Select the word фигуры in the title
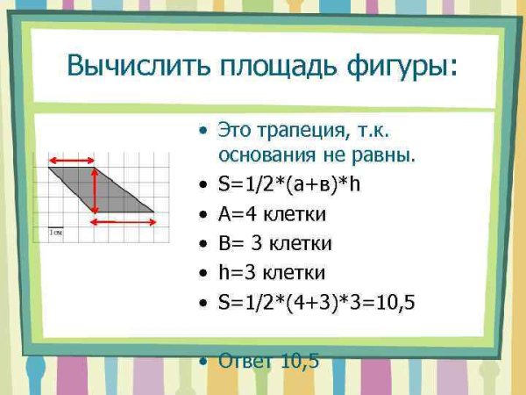(396, 68)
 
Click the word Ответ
(245, 361)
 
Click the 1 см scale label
(56, 233)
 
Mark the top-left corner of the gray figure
(48, 169)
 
